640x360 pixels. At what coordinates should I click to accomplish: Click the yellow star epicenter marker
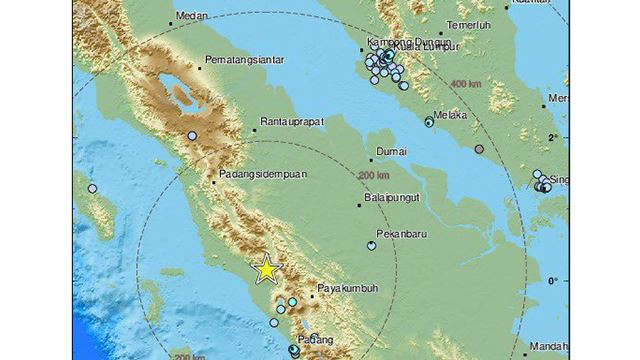(x=266, y=269)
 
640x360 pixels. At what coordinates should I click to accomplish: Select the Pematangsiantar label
(x=239, y=63)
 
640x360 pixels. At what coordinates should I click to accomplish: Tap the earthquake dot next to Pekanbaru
(x=372, y=244)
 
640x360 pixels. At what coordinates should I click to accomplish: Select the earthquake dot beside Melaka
(x=429, y=123)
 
